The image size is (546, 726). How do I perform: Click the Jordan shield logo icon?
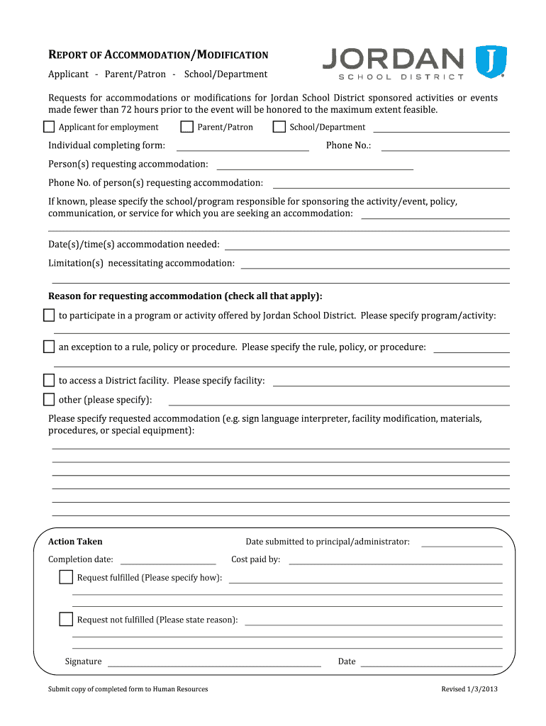(x=490, y=62)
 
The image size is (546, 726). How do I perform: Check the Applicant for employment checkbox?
(x=49, y=127)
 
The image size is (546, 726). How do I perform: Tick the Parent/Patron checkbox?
(x=187, y=127)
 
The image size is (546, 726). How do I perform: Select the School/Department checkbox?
(x=279, y=127)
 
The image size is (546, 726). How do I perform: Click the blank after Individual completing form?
(x=242, y=147)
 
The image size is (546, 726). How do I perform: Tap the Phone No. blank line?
(x=445, y=147)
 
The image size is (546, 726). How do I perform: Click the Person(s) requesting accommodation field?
(x=314, y=165)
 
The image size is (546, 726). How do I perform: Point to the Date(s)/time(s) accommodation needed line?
(x=367, y=245)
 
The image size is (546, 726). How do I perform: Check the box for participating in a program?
(x=49, y=315)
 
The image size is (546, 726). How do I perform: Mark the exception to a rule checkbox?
(x=49, y=347)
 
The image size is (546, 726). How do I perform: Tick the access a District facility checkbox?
(x=49, y=380)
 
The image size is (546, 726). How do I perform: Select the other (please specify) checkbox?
(x=49, y=399)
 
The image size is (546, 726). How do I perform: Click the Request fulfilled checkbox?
(x=66, y=577)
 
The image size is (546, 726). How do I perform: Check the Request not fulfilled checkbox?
(x=66, y=620)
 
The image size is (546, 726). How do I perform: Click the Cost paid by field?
(x=395, y=560)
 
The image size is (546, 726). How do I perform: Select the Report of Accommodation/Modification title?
(x=158, y=55)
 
